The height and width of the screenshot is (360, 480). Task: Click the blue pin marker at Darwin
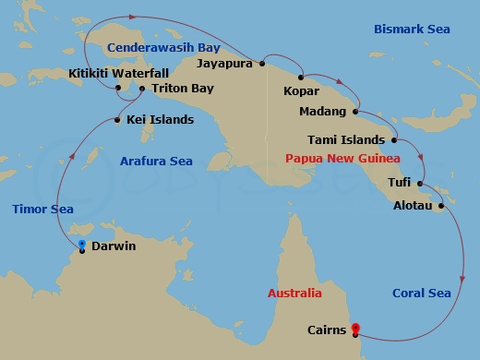(82, 245)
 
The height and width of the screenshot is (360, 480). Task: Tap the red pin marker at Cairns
(355, 328)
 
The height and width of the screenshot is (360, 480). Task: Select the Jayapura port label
(228, 64)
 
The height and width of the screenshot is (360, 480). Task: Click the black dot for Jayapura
(263, 64)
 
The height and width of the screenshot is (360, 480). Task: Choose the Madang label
(323, 112)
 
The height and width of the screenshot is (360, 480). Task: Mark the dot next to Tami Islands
(394, 140)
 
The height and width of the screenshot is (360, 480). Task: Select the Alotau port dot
(441, 206)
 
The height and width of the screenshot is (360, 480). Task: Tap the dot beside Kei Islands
(117, 119)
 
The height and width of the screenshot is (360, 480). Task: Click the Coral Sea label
(422, 294)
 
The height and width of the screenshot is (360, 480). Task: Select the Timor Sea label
(42, 210)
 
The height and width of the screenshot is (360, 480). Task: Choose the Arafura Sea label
(154, 162)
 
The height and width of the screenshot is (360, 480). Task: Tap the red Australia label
(294, 294)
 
